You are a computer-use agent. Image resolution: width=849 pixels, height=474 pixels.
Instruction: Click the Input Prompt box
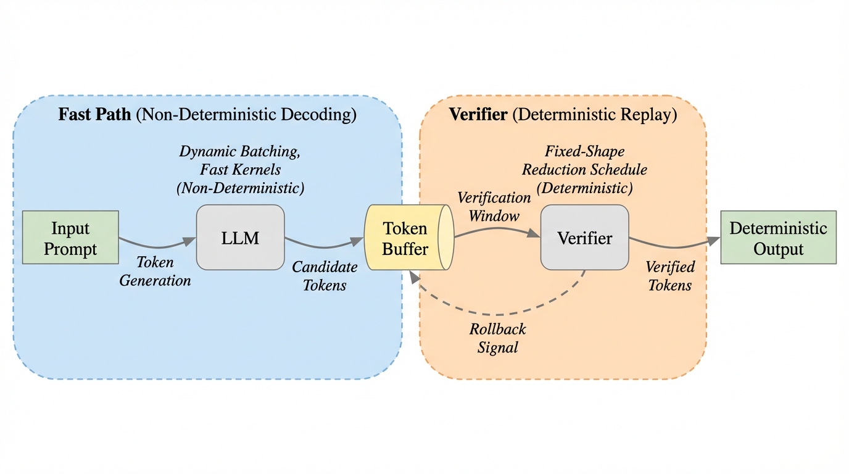[x=70, y=238]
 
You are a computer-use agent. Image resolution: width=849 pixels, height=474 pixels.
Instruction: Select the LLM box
[x=240, y=238]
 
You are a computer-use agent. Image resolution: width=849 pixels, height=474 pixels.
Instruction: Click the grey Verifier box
[x=584, y=238]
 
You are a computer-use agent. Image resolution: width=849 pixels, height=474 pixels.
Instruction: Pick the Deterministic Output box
[x=778, y=238]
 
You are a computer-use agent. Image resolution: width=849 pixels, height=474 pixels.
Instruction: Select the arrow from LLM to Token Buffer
[x=324, y=244]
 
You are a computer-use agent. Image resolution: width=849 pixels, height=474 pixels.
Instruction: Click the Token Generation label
[x=155, y=272]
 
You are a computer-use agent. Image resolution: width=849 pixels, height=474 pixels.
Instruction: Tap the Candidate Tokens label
[x=325, y=276]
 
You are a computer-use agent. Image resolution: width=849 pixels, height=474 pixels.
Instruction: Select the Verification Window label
[x=494, y=207]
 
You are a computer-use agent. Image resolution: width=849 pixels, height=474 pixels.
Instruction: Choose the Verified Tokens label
[x=670, y=276]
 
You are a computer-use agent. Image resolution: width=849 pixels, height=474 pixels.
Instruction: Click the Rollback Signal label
[x=498, y=338]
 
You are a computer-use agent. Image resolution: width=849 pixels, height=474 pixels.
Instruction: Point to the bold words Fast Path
[x=94, y=115]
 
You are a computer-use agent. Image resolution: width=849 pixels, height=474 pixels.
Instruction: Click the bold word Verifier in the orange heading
[x=478, y=115]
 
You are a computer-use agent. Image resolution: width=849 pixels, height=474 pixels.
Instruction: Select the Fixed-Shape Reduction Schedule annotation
[x=584, y=170]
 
